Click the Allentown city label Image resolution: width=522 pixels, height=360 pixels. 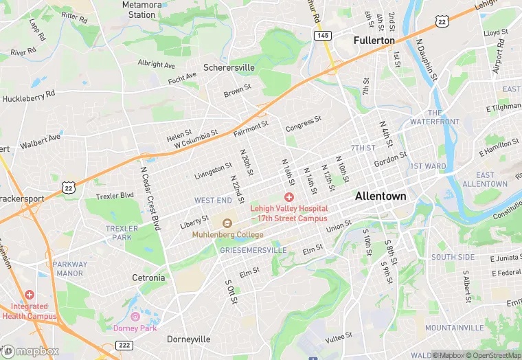380,196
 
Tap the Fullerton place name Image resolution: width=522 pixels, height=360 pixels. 374,41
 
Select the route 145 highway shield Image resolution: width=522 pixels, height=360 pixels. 321,34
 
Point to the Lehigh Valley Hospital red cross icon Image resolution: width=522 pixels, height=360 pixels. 289,197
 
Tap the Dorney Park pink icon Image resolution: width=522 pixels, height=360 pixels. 135,317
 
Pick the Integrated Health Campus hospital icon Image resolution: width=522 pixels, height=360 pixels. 30,294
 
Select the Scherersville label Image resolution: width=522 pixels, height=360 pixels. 229,68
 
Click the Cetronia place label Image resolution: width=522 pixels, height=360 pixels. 148,278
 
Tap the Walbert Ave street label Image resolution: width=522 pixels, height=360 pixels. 41,142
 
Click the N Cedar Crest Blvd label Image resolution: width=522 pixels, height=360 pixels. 150,199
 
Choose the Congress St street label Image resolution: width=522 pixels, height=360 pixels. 303,124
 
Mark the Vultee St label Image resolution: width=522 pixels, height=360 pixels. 339,336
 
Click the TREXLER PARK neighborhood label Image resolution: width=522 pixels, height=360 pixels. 122,233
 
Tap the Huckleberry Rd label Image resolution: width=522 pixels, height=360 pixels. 28,97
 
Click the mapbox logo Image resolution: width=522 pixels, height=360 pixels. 31,350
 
